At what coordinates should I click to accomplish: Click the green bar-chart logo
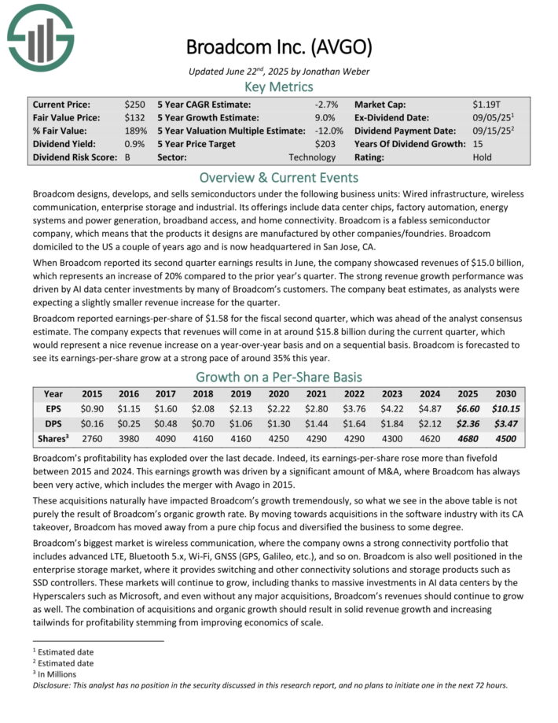click(x=40, y=38)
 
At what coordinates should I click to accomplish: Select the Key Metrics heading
click(x=279, y=87)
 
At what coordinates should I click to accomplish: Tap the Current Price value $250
click(x=134, y=104)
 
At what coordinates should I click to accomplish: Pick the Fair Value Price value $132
click(x=134, y=117)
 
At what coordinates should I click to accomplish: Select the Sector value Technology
click(x=312, y=157)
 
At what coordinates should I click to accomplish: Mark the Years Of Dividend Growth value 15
click(x=478, y=144)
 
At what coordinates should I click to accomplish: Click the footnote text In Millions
click(x=56, y=673)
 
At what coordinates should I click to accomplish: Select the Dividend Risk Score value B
click(x=127, y=157)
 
